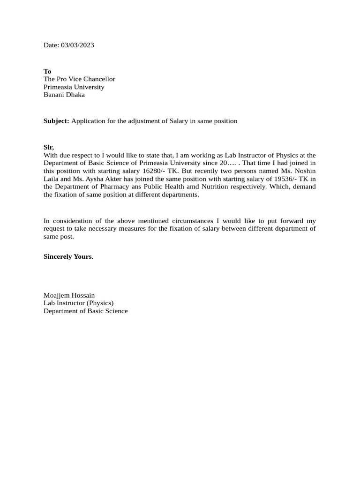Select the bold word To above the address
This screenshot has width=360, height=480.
click(47, 71)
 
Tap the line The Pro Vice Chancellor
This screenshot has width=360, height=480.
click(79, 79)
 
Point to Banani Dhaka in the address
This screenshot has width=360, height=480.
click(64, 95)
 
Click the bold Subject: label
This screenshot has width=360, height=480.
click(56, 121)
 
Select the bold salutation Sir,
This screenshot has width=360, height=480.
click(49, 147)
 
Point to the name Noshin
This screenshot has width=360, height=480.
click(305, 171)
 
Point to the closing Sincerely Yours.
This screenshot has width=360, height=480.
click(68, 256)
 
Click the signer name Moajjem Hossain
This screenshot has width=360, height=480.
click(69, 295)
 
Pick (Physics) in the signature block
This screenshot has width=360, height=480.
click(98, 303)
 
